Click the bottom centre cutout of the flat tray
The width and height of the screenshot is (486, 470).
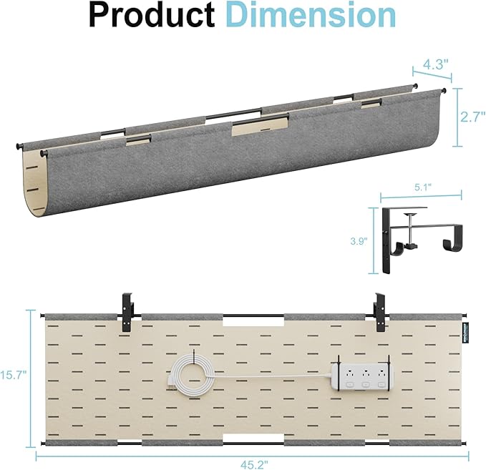pyautogui.click(x=246, y=436)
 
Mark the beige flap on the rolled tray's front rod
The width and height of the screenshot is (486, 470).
pyautogui.click(x=261, y=127)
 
